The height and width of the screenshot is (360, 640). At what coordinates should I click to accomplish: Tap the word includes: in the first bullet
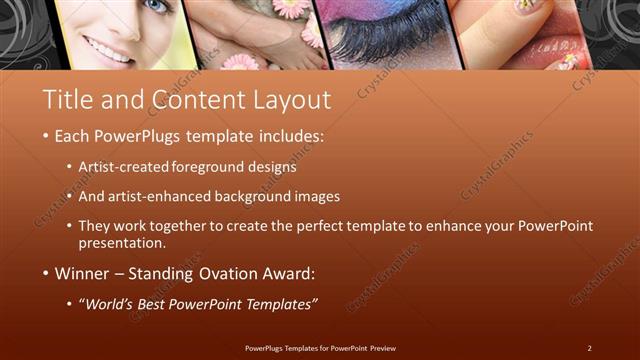[x=286, y=135]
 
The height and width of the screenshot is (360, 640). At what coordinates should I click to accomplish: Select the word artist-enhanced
[x=174, y=196]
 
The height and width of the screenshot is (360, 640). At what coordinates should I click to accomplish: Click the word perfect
[x=306, y=226]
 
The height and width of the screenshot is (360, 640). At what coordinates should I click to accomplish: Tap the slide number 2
[x=590, y=347]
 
